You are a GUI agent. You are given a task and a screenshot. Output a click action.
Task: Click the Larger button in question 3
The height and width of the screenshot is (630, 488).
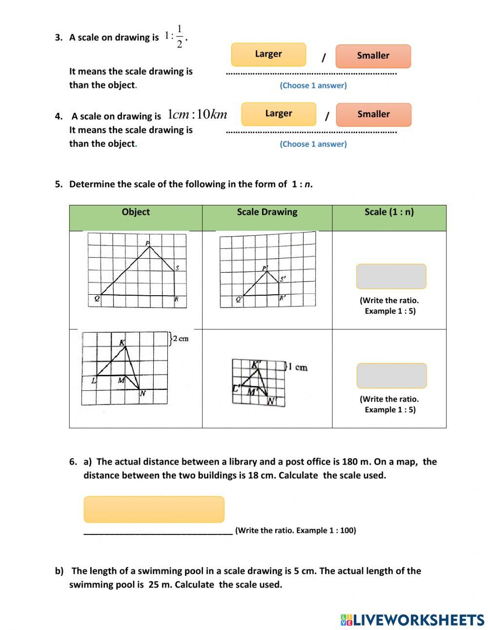pyautogui.click(x=268, y=54)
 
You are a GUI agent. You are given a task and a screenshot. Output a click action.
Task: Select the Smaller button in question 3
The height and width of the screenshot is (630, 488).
pyautogui.click(x=373, y=56)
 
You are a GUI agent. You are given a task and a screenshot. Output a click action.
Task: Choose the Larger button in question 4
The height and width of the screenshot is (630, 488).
pyautogui.click(x=279, y=114)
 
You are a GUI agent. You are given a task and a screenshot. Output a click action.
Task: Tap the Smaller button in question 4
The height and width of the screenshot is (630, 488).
pyautogui.click(x=373, y=115)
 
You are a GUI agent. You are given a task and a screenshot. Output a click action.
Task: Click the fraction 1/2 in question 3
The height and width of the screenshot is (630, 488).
pyautogui.click(x=180, y=37)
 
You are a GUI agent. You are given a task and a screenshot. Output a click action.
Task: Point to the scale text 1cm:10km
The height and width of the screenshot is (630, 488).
pyautogui.click(x=197, y=115)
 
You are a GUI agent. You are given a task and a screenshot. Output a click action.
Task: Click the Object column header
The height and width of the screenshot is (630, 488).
pyautogui.click(x=136, y=212)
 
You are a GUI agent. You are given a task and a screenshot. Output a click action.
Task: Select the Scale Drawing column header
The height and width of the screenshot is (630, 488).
pyautogui.click(x=267, y=212)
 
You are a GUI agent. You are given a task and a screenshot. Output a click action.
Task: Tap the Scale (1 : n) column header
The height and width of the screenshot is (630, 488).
pyautogui.click(x=389, y=212)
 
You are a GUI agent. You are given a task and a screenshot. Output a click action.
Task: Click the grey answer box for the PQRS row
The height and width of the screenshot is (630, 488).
pyautogui.click(x=391, y=277)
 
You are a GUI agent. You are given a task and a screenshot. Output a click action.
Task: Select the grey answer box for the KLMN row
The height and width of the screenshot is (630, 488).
pyautogui.click(x=391, y=376)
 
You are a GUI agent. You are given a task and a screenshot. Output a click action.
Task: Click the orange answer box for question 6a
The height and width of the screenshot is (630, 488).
pyautogui.click(x=154, y=509)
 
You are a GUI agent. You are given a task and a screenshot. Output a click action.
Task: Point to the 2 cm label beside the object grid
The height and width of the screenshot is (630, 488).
pyautogui.click(x=180, y=339)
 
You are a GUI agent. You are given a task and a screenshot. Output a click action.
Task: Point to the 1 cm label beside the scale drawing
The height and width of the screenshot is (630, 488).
pyautogui.click(x=298, y=367)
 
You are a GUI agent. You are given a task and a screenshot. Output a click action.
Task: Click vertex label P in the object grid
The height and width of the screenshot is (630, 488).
pyautogui.click(x=147, y=243)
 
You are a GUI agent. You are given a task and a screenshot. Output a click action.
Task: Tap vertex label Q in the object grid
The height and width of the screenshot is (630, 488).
pyautogui.click(x=97, y=299)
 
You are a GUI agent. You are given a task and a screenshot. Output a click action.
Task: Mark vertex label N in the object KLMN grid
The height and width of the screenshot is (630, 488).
pyautogui.click(x=143, y=393)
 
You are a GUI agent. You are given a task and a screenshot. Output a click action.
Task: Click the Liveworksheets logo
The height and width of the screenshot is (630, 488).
pyautogui.click(x=412, y=620)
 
